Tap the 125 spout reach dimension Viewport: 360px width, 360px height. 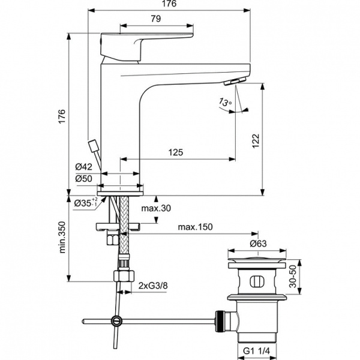(175, 153)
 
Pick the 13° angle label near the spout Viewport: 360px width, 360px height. (226, 103)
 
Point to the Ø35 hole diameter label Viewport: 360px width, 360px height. (85, 204)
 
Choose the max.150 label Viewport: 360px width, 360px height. (196, 227)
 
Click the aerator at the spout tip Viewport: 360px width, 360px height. (238, 82)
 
